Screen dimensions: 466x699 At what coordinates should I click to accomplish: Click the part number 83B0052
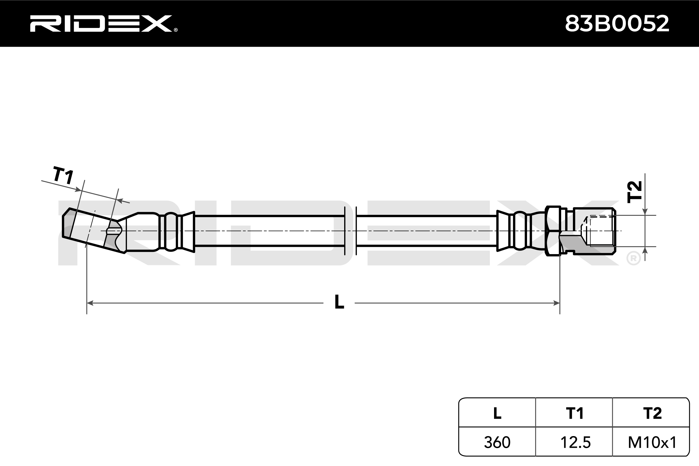617,24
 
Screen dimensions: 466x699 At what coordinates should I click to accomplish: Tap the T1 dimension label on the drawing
63,175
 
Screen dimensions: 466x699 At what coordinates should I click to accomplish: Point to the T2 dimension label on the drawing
634,192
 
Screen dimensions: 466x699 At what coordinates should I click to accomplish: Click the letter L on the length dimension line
339,302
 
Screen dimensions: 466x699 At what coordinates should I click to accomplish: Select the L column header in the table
497,413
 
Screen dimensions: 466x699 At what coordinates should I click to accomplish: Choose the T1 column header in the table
575,413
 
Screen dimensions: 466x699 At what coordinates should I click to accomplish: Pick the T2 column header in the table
652,413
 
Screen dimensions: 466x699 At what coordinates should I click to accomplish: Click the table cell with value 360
497,442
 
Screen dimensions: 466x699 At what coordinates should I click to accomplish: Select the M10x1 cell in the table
652,442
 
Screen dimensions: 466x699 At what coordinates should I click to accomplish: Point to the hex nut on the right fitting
553,231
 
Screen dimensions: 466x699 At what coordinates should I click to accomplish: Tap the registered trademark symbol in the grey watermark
633,258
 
